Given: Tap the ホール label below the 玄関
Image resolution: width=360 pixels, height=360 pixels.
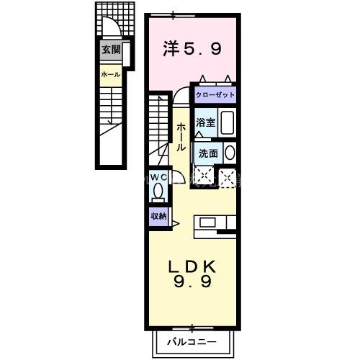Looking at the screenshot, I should coord(111,74).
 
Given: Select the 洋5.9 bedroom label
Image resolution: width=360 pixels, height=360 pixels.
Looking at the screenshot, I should coord(192,50).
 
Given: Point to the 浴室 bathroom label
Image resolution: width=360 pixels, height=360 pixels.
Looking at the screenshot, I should coord(205,122).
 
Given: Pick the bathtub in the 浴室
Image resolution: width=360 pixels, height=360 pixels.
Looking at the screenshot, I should coord(227,122).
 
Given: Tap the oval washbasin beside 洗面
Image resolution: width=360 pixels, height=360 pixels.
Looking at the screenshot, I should coord(229,153).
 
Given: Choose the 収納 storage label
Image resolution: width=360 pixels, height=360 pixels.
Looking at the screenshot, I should coord(159,216).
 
